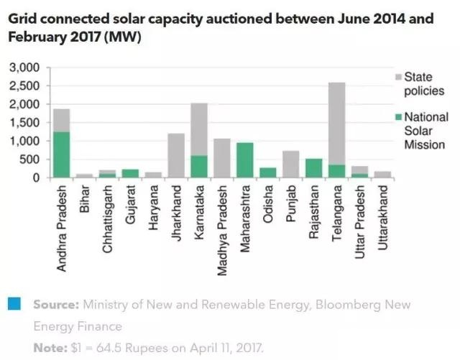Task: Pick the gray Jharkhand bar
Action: (x=176, y=155)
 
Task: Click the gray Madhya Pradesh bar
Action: (x=222, y=158)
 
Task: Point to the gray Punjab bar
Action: (x=291, y=164)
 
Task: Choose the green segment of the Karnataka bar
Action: (x=199, y=166)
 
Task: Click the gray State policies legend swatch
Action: (x=398, y=75)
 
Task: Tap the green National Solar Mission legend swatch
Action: (x=398, y=116)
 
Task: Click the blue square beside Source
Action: (x=16, y=303)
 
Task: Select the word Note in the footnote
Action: (x=47, y=348)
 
